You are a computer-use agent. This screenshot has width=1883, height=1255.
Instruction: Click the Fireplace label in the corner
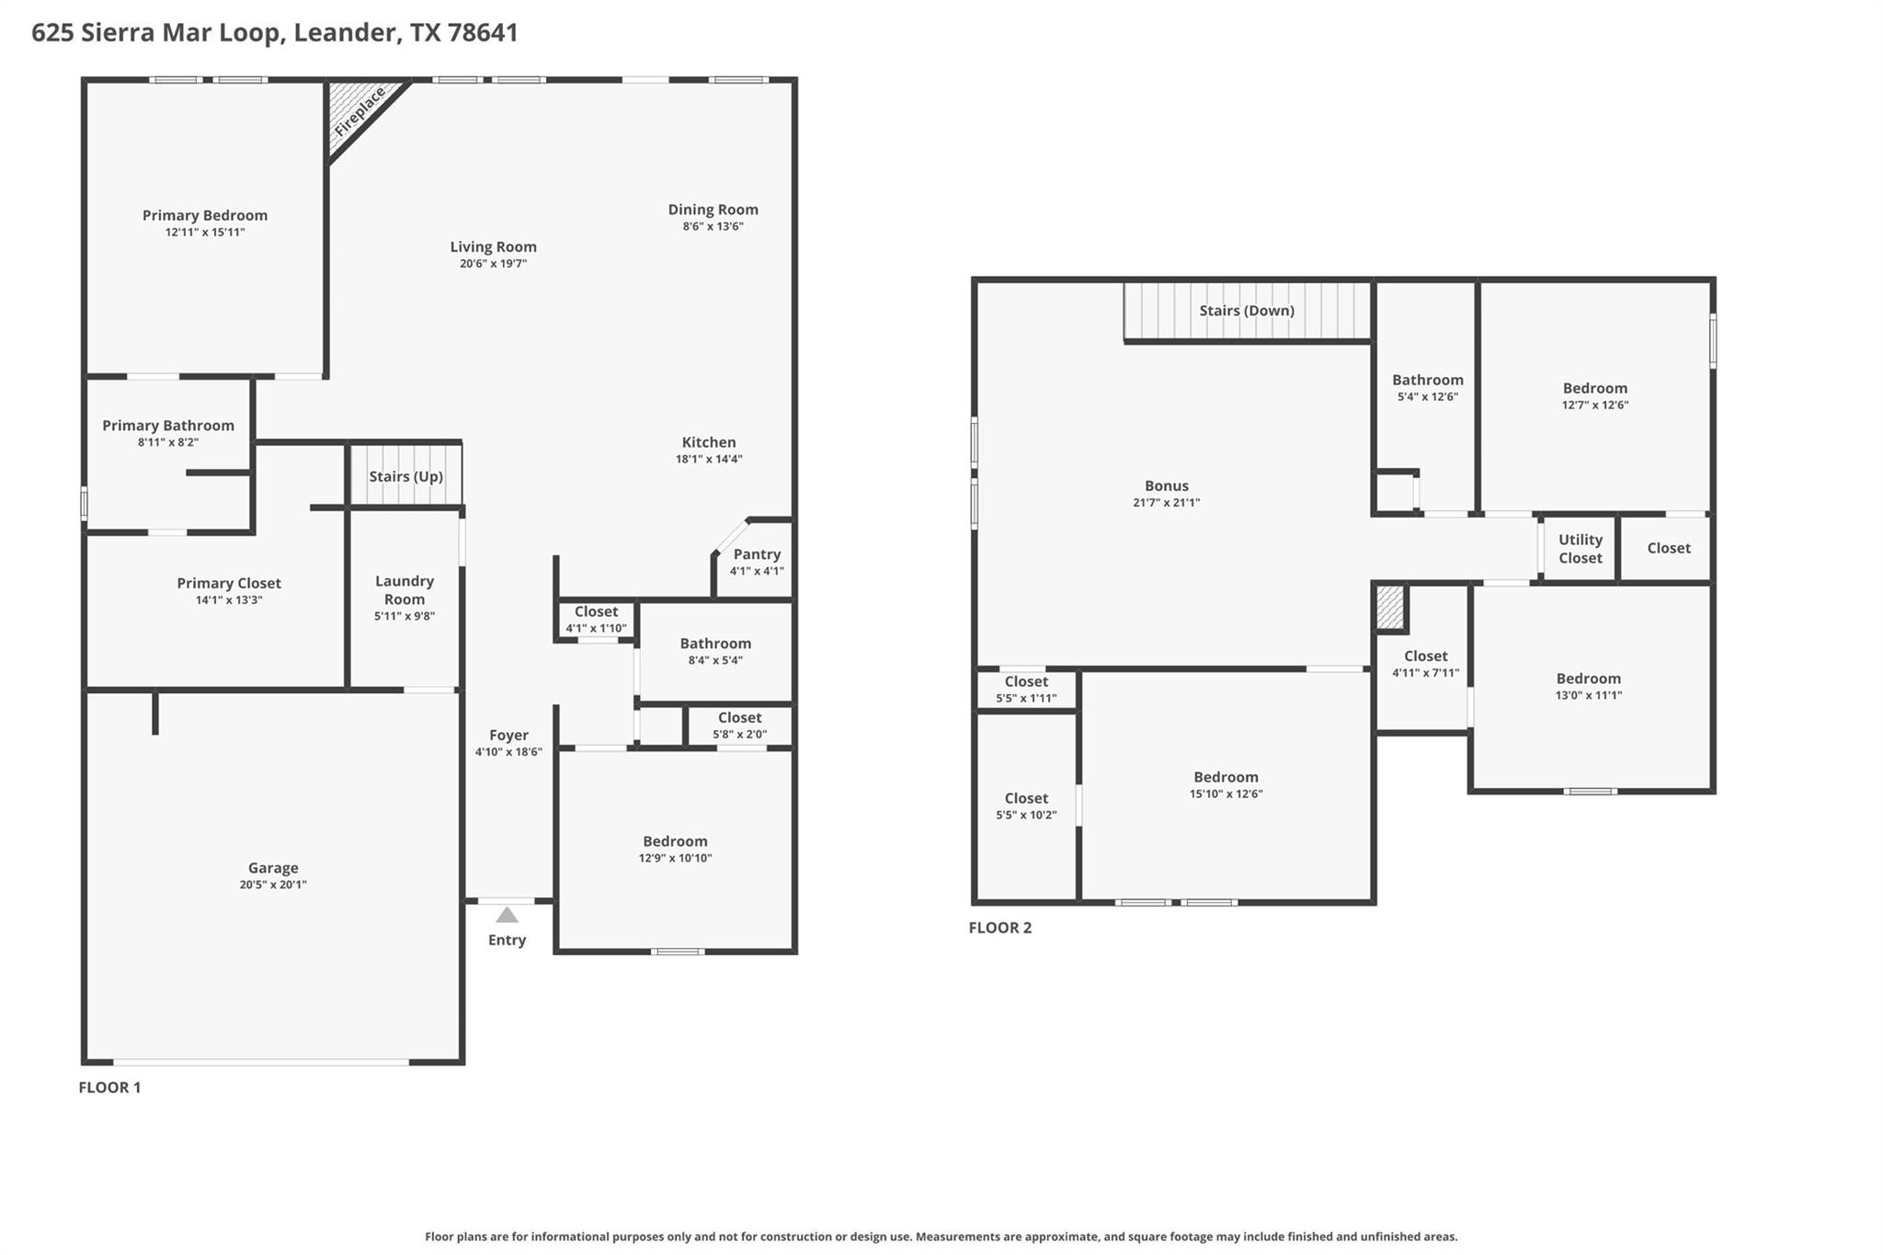359,112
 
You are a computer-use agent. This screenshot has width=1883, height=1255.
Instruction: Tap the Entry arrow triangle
507,915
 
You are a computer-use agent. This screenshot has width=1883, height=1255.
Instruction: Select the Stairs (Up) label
405,476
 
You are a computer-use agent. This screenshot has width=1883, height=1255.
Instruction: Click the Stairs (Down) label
1246,311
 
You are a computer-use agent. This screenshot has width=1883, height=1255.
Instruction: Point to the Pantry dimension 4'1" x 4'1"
756,571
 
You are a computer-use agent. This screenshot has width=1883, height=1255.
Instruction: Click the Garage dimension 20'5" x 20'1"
273,884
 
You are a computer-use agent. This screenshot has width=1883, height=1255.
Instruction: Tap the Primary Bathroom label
168,425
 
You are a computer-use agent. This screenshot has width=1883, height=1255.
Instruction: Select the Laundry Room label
405,589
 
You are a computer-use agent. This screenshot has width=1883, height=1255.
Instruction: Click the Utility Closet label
1580,549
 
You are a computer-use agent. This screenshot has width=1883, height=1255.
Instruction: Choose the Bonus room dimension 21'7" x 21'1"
1166,503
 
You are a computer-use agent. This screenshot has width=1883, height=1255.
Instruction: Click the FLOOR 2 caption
999,928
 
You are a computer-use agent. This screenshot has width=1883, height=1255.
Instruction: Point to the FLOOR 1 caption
109,1088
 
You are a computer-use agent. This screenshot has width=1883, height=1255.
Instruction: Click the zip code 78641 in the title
483,33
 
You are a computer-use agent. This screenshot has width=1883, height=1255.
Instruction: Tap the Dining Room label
713,210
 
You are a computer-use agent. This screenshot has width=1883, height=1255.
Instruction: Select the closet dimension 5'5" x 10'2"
1026,816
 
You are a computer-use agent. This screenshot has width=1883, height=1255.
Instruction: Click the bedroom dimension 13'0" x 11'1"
1588,696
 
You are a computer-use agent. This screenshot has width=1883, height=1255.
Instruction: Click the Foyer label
508,735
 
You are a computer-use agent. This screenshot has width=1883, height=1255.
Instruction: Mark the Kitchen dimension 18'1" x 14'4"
709,459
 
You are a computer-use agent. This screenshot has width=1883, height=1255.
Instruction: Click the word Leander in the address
346,33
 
